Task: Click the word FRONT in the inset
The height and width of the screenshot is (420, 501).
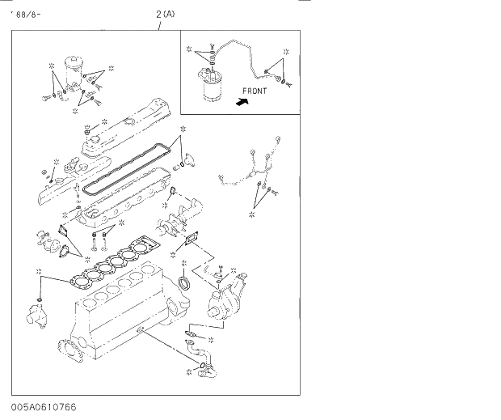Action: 255,91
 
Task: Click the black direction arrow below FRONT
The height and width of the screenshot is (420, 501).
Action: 240,103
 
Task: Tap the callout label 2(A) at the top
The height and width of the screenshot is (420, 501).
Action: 165,14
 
